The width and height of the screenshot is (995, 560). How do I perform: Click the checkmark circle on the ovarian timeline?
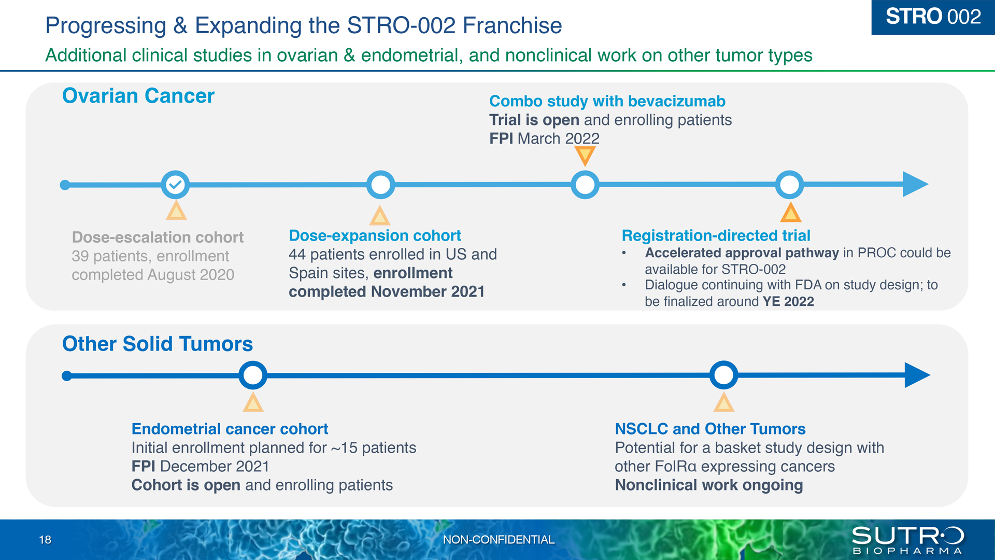coord(176,185)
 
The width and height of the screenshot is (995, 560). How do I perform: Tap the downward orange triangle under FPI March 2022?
coord(585,156)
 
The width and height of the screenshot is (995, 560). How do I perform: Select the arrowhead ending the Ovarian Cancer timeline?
coord(915,184)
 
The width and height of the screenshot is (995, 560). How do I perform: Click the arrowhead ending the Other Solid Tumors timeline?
coord(917,375)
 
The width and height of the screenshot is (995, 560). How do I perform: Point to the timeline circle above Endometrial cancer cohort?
coord(253,375)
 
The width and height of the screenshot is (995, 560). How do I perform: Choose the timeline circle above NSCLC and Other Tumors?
coord(724,375)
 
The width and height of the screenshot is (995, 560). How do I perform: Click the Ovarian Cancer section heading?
coord(138,96)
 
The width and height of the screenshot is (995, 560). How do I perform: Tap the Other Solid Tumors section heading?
coord(158,344)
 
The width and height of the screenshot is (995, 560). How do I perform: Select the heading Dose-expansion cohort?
coord(375,235)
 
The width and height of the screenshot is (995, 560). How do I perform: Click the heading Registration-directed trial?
coord(716,235)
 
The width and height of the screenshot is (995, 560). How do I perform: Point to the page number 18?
coord(45,540)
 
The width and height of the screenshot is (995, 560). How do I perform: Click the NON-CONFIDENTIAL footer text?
coord(499,540)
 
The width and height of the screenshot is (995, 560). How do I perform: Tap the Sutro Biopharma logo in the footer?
coord(908,540)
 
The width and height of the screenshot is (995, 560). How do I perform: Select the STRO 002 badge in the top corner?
coord(933,17)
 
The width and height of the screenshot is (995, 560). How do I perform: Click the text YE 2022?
coord(788,301)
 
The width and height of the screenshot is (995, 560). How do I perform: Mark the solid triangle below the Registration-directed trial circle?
coord(791,213)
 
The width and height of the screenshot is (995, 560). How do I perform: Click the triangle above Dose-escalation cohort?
coord(176,211)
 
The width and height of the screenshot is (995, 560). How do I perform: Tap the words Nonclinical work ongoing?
coord(709,485)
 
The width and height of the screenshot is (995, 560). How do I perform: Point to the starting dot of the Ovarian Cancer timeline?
coord(65,185)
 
